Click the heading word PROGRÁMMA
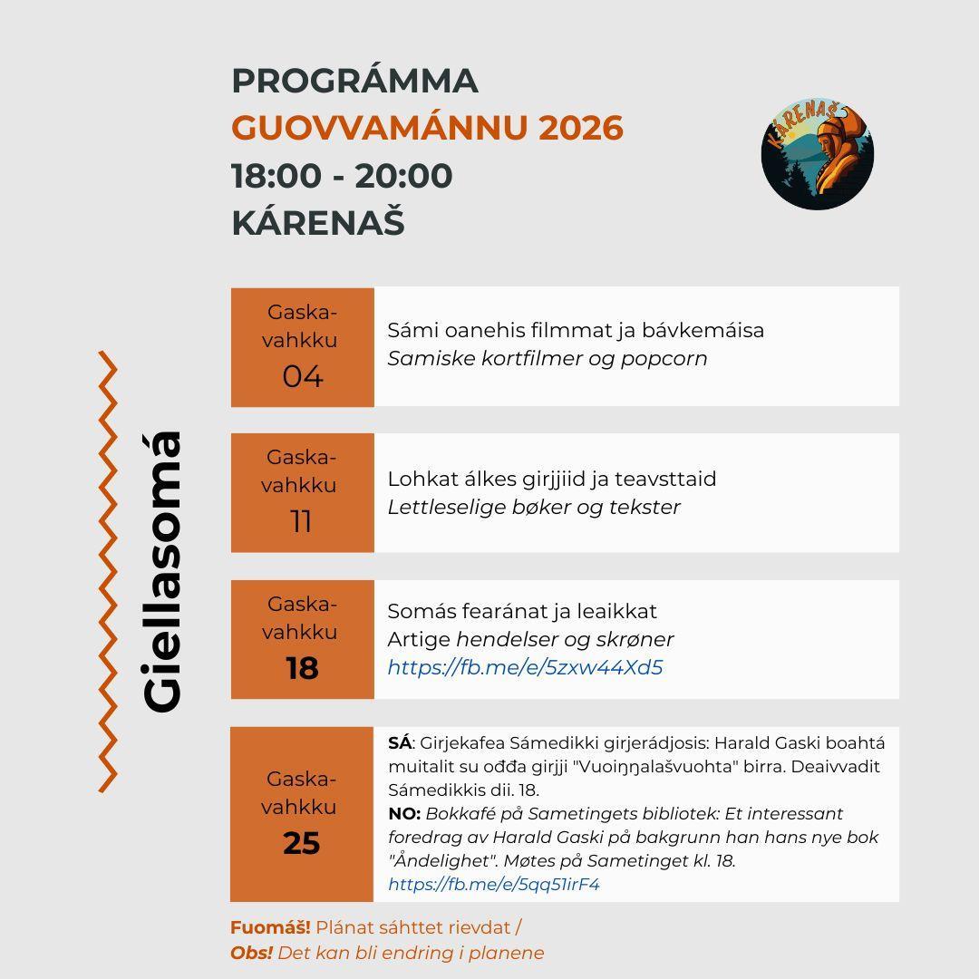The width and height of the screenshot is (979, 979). coord(354,81)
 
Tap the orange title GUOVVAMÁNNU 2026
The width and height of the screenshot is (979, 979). coord(427,128)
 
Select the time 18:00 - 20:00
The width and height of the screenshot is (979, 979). coord(342,176)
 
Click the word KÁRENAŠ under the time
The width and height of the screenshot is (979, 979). coord(317,223)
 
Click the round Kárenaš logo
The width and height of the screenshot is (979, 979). coord(817,155)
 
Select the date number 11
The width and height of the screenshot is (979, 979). coord(301,522)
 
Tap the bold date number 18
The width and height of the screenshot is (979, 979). coord(302,669)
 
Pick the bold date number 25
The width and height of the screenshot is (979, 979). coord(302,844)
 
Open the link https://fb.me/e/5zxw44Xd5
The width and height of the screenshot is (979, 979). coord(525,668)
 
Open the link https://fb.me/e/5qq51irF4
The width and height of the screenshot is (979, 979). coord(494,885)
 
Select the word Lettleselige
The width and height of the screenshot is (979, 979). coord(444,508)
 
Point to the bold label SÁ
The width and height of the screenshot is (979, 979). coord(400,743)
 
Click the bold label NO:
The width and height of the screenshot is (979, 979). coord(404,814)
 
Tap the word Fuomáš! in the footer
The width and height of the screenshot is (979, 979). coord(270,928)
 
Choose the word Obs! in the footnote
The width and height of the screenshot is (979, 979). coord(251,954)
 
